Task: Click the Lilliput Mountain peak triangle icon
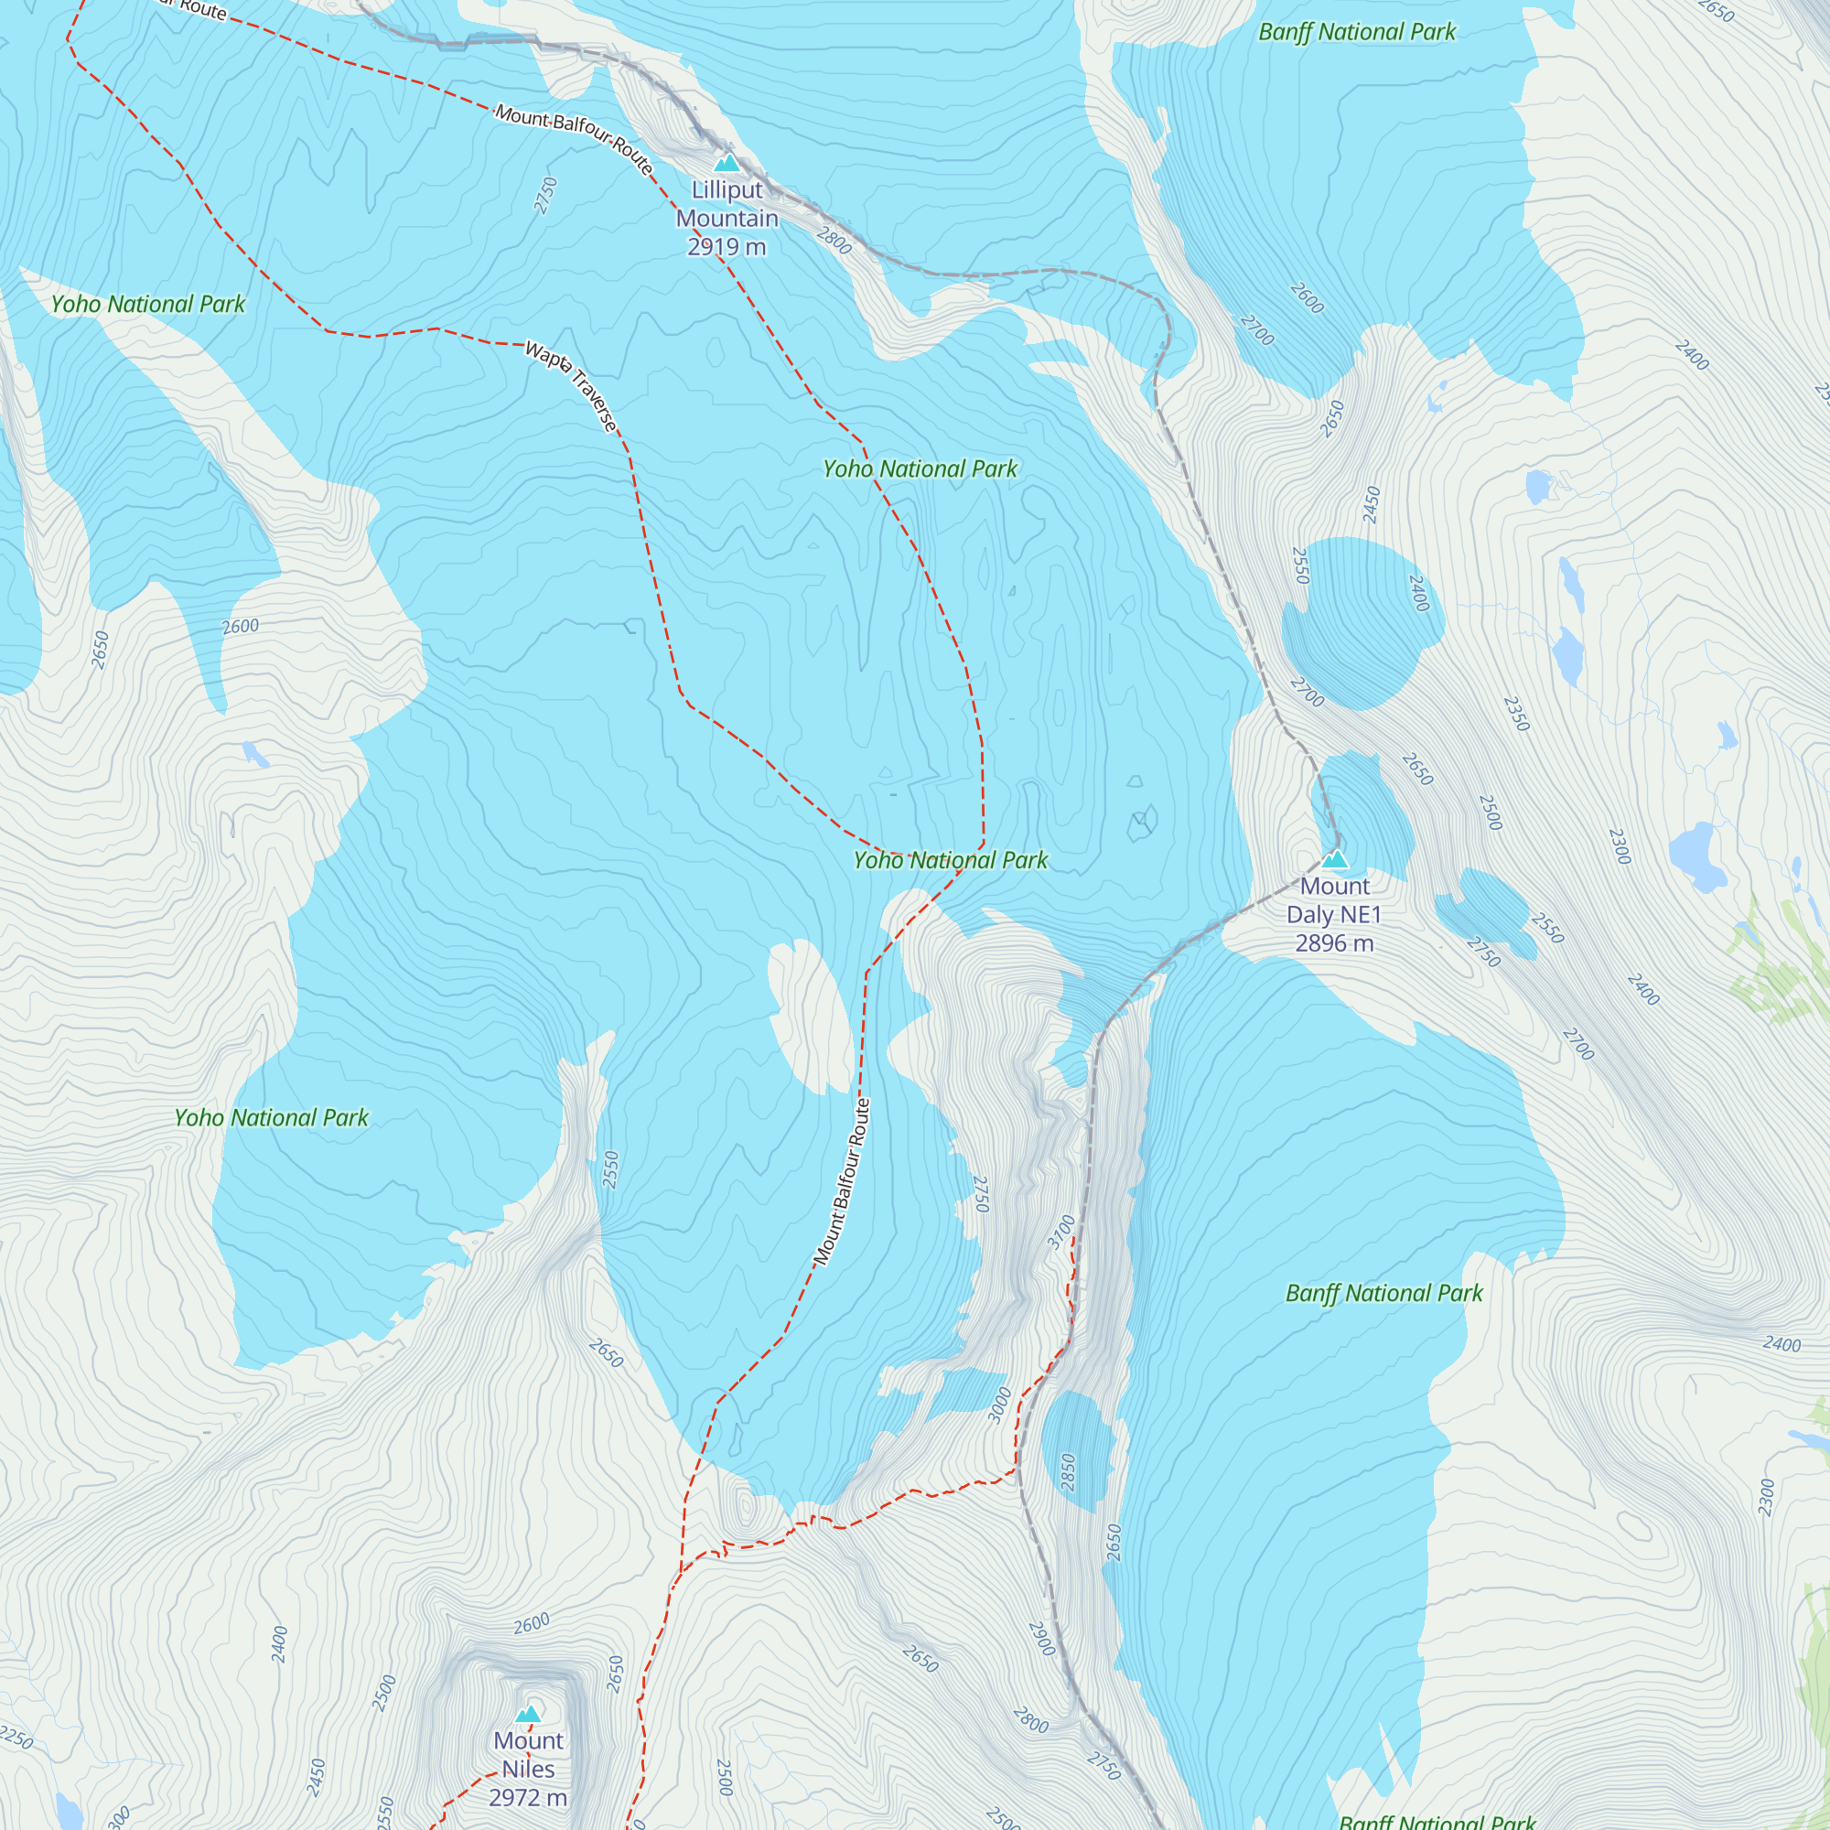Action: point(727,163)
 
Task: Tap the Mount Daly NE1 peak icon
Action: point(1335,859)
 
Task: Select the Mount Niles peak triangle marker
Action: point(529,1714)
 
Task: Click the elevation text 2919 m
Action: point(727,247)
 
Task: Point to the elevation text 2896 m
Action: point(1334,943)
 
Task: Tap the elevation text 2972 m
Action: point(528,1798)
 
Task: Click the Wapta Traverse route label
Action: point(572,386)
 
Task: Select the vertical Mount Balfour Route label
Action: point(842,1181)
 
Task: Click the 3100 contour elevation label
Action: point(1061,1232)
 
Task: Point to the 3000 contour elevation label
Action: point(1000,1405)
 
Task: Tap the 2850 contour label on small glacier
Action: point(1069,1472)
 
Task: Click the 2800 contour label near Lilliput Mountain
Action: point(834,240)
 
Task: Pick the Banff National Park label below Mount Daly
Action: point(1383,1294)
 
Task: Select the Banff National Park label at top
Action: point(1356,32)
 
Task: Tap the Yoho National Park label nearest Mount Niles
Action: point(271,1118)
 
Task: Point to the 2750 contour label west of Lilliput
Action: point(545,195)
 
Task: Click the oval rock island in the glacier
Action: point(811,1016)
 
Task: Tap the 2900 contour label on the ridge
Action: point(1041,1639)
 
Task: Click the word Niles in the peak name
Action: point(528,1770)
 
